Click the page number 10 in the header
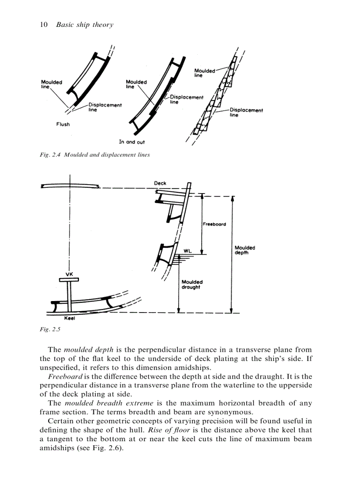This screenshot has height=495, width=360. click(44, 25)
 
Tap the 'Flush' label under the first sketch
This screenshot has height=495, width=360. click(63, 124)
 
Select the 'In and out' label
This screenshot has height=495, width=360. click(131, 142)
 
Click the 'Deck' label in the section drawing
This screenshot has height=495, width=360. click(160, 183)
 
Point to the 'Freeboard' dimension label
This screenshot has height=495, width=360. click(214, 224)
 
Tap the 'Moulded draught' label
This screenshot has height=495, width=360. click(192, 284)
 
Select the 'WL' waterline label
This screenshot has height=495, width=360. click(187, 251)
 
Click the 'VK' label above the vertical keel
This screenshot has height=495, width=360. click(69, 274)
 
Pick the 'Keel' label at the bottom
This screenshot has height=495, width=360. click(69, 318)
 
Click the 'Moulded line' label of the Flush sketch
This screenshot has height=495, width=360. click(51, 84)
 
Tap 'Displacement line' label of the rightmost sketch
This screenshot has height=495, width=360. click(246, 112)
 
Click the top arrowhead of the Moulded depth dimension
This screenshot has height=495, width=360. click(232, 199)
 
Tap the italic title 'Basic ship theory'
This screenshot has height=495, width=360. click(84, 25)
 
